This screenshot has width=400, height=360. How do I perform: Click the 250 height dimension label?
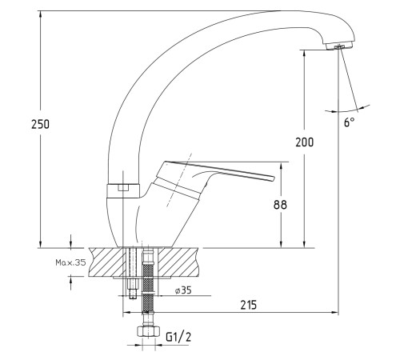[40, 124]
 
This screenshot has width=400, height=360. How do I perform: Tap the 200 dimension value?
[304, 142]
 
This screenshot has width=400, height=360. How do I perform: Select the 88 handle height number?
[280, 205]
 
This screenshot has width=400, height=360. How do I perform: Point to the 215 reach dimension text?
[249, 305]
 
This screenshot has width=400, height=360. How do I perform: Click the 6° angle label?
[349, 122]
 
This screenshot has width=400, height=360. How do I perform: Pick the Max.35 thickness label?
[70, 262]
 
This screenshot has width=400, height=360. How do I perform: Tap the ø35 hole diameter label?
[183, 290]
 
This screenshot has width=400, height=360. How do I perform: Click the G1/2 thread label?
[178, 337]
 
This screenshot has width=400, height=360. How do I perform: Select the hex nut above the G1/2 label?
[148, 331]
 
